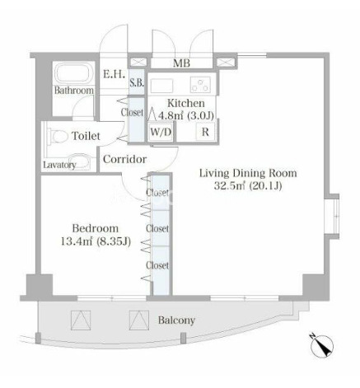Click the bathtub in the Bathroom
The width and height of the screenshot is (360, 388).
73,73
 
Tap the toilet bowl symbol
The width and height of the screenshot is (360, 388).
58,137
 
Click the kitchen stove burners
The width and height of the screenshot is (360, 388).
200,84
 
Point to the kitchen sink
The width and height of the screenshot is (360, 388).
161,86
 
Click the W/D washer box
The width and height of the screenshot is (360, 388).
161,132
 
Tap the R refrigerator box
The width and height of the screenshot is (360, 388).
205,132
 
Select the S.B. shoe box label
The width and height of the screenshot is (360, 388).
137,82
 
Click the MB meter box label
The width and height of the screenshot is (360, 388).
181,63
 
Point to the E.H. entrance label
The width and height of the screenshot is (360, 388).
115,74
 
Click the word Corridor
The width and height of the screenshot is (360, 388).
124,159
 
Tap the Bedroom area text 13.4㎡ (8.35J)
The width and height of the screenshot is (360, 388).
96,241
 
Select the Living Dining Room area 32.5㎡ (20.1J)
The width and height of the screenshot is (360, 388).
248,186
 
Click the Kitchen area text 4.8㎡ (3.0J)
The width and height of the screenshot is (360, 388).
186,115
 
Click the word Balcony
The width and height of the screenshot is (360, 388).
176,320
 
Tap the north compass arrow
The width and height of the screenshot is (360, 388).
322,345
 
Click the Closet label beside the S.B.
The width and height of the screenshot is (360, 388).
132,112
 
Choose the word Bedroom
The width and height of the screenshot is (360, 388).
96,228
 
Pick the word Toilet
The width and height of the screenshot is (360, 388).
86,136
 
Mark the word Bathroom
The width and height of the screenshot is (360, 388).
73,91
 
